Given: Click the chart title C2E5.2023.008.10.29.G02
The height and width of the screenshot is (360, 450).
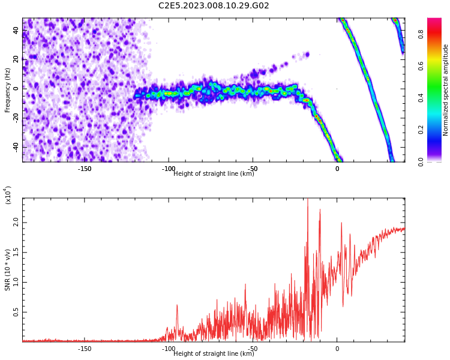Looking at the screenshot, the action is click(x=214, y=5).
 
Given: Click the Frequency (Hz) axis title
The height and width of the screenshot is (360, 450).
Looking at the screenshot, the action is click(x=7, y=90).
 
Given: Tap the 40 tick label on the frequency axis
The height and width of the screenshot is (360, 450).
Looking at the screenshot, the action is click(x=16, y=30).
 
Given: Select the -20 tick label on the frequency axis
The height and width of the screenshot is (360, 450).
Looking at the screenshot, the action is click(x=16, y=117).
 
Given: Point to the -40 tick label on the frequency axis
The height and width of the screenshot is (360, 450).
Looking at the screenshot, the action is click(x=16, y=146).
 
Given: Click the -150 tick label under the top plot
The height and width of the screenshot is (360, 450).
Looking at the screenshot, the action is click(x=85, y=169).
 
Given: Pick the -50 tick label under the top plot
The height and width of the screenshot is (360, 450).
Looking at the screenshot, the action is click(x=253, y=168).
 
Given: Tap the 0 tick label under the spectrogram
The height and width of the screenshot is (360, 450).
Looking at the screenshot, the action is click(x=337, y=169).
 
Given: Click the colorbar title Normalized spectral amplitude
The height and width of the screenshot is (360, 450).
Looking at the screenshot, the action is click(x=445, y=90).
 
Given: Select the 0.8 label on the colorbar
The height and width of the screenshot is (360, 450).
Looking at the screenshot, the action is click(x=421, y=34).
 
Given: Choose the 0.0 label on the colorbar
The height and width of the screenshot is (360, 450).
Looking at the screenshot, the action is click(x=421, y=161).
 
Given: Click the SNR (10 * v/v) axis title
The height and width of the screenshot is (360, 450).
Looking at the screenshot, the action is click(x=7, y=269).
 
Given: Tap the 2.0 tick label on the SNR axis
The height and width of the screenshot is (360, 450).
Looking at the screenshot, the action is click(x=16, y=222).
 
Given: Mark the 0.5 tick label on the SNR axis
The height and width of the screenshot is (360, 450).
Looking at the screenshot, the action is click(x=16, y=312).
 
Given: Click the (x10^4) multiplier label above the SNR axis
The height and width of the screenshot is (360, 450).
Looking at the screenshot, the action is click(x=8, y=195).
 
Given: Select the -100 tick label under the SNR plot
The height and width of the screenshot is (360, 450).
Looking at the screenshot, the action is click(x=169, y=349).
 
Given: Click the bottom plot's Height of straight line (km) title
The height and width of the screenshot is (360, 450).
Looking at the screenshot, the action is click(x=214, y=353).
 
